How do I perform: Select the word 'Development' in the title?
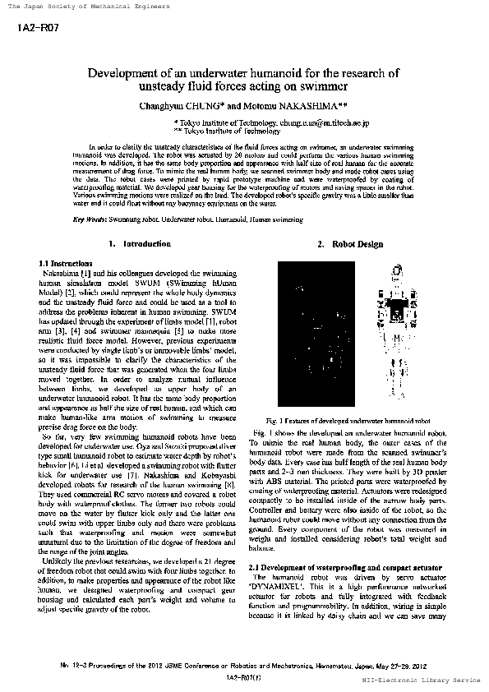pyautogui.click(x=122, y=72)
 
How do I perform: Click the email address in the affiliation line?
pyautogui.click(x=325, y=122)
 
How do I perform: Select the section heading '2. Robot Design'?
pyautogui.click(x=350, y=244)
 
